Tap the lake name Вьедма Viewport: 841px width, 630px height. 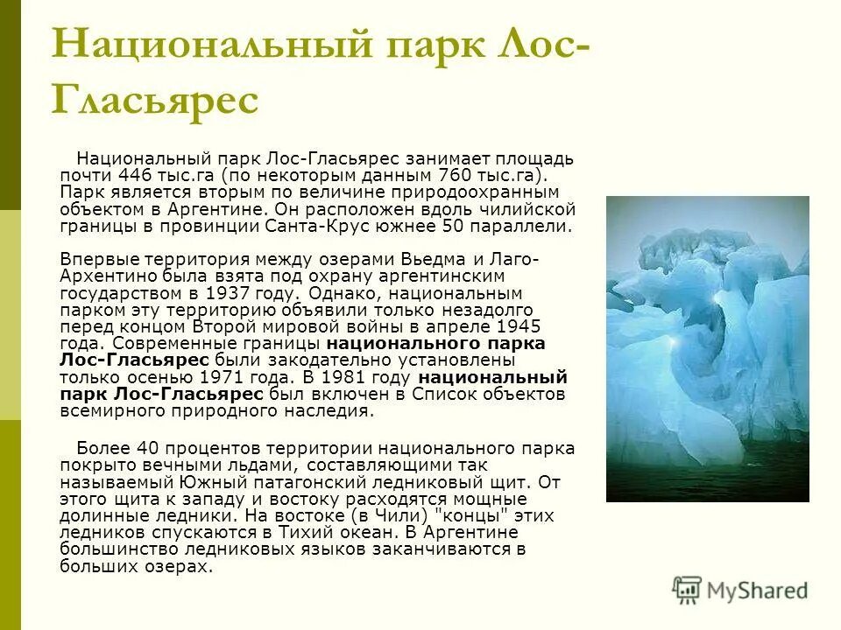point(434,260)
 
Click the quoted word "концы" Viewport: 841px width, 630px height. point(442,515)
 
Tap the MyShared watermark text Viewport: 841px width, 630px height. point(757,591)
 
